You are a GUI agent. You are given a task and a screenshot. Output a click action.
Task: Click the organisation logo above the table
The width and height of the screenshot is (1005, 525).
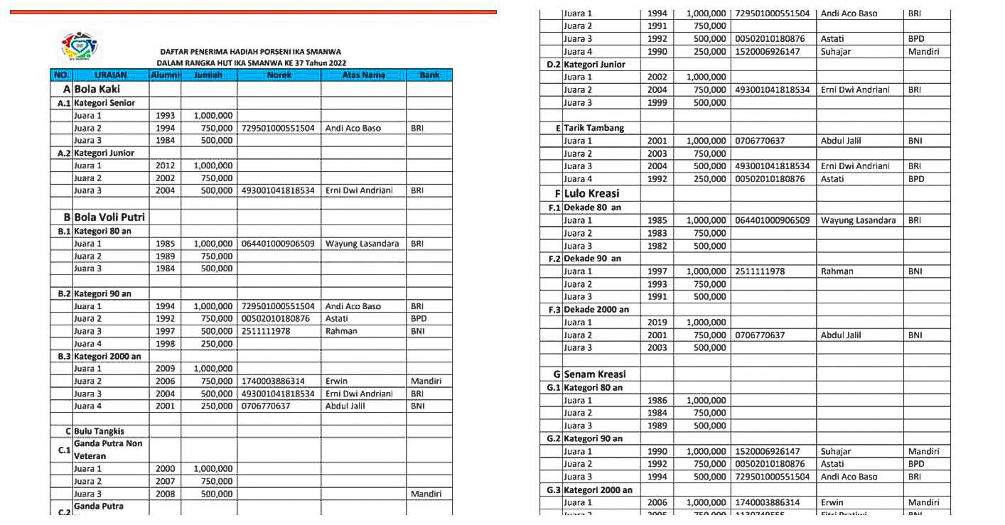(80, 48)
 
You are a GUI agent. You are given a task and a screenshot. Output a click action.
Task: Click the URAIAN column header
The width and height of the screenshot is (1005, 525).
(111, 75)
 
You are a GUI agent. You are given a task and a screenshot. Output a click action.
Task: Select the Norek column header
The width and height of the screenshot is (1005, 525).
(279, 75)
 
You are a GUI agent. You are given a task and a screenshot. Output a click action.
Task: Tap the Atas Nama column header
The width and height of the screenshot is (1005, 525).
(363, 75)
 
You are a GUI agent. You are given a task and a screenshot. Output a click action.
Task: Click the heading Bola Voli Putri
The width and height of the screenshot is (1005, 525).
(109, 217)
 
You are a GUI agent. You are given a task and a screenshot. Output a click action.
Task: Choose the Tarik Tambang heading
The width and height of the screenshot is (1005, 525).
(593, 128)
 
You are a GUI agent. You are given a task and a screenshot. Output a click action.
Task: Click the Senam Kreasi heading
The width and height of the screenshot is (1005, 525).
(595, 374)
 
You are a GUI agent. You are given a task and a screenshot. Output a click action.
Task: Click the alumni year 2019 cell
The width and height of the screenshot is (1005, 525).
(657, 323)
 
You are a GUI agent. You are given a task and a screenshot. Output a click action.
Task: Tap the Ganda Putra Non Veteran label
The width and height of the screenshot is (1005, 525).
(108, 450)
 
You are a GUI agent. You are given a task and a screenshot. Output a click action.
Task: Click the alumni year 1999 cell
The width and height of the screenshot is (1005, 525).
(657, 102)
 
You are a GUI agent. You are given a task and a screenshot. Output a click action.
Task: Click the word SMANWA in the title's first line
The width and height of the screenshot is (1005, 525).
(323, 52)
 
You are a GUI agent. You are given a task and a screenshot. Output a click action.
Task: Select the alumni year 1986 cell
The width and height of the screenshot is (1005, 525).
(657, 401)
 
